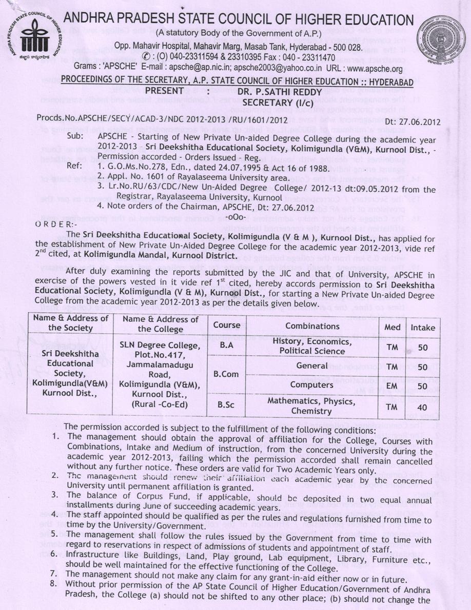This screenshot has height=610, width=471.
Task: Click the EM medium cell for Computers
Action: click(x=392, y=385)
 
